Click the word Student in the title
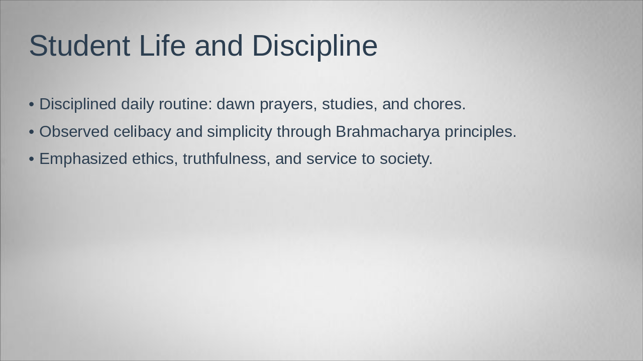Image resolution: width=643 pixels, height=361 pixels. (79, 46)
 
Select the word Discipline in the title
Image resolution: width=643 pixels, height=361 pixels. (314, 46)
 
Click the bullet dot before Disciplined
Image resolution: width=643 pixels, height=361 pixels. (32, 104)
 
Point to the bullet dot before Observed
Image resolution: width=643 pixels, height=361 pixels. (32, 132)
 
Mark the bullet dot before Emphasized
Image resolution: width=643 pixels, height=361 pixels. (32, 159)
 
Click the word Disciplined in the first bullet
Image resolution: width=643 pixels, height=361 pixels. (77, 104)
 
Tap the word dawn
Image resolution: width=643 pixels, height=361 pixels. (236, 104)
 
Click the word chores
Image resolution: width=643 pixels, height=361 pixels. (439, 104)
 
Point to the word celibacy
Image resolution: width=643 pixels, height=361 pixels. (142, 132)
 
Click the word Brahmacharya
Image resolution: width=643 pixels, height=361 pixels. (387, 132)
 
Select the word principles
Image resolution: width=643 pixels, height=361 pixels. (480, 132)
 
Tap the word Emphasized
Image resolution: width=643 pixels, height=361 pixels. (83, 159)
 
